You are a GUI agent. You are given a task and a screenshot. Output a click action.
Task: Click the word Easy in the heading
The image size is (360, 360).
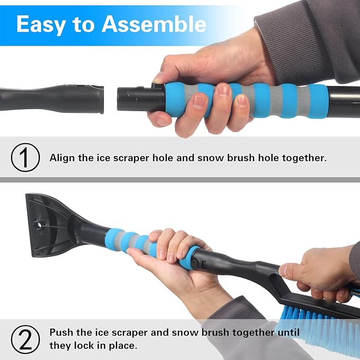42,24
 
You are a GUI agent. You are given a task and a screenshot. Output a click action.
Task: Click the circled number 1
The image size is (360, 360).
25,158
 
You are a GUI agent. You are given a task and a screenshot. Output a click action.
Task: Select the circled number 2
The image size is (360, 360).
25,338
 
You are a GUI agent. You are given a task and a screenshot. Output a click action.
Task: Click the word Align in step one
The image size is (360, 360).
63,157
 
